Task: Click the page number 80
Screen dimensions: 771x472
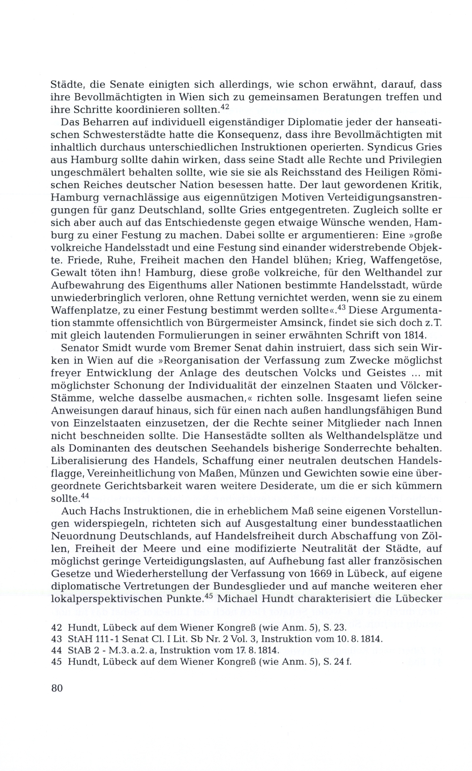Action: coord(57,688)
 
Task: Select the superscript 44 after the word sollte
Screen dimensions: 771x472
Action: coord(85,496)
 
